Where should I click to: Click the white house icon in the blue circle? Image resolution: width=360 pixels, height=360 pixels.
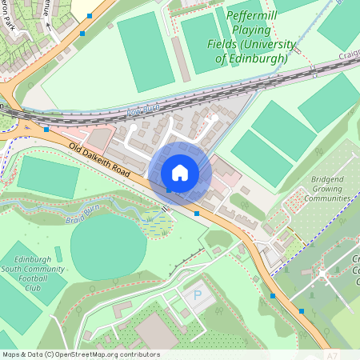click(x=180, y=172)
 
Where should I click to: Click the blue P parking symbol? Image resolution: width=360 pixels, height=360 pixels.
click(x=198, y=295)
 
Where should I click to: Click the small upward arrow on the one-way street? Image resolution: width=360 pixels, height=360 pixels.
click(x=48, y=26)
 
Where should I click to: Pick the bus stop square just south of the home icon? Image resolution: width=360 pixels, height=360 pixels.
click(x=197, y=214)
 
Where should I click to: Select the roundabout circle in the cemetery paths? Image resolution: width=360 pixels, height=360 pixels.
click(x=322, y=274)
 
